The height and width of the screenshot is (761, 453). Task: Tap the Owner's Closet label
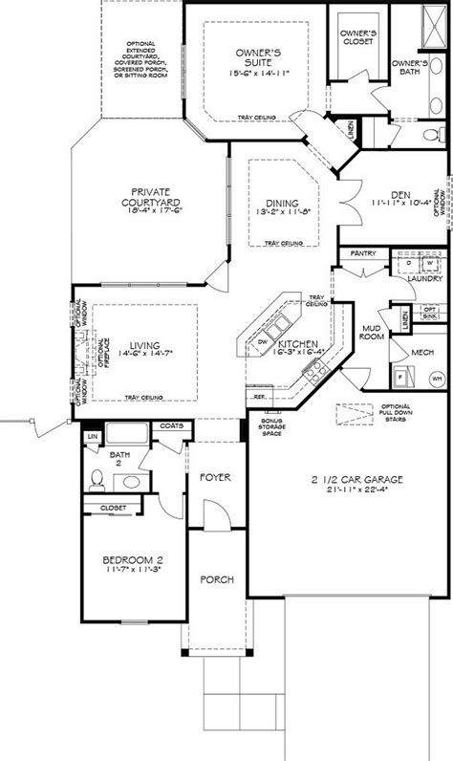pos(356,36)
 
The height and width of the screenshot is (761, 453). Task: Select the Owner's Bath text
pos(410,68)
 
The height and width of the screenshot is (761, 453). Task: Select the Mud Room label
pos(372,332)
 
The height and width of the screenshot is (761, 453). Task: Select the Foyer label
pos(213,475)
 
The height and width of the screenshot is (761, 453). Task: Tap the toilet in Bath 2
pos(95,474)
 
